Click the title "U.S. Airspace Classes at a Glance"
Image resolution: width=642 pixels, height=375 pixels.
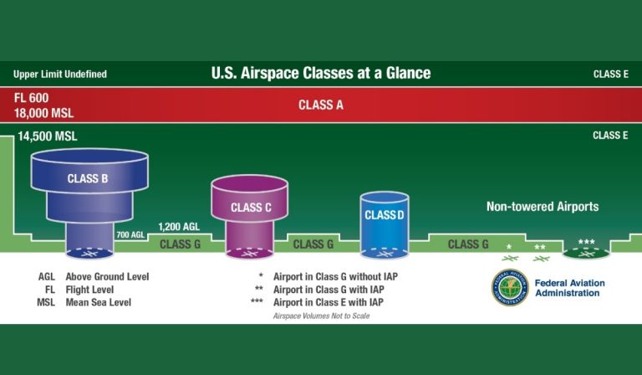point(321,73)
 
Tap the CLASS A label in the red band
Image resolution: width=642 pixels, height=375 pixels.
point(321,105)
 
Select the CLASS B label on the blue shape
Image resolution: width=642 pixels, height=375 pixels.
point(88,178)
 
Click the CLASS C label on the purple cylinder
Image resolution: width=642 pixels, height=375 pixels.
point(250,208)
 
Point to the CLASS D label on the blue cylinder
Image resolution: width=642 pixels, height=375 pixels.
point(385,215)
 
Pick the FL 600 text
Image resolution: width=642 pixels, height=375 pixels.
point(31,98)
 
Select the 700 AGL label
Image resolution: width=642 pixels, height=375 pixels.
point(131,235)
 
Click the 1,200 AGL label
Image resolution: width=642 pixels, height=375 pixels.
point(179,227)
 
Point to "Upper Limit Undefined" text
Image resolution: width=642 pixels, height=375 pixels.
point(60,74)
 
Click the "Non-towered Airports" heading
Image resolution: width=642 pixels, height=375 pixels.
point(543,206)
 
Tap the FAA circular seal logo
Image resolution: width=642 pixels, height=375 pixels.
point(509,288)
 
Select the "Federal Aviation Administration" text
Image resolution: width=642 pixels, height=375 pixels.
point(569,289)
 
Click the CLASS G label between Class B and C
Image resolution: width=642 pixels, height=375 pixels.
point(181,244)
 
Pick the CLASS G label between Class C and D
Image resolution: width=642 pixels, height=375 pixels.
point(313,244)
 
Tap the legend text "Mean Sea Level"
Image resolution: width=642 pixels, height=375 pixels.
point(98,302)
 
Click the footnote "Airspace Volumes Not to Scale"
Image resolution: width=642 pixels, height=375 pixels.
point(321,316)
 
